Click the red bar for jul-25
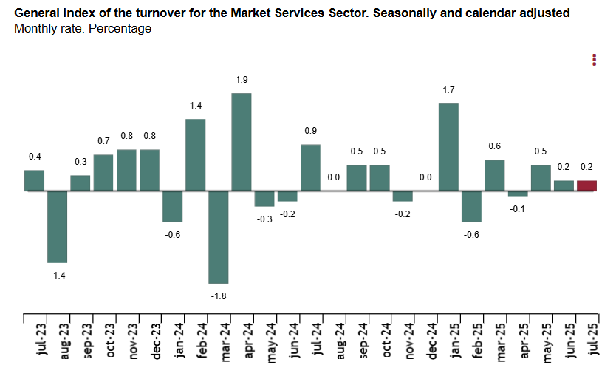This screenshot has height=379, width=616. pos(586,185)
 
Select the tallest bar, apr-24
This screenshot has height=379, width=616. pos(242,142)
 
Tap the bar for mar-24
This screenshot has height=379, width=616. pos(219,236)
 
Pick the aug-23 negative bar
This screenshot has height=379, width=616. pos(58,226)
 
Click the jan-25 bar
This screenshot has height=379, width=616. pos(448,147)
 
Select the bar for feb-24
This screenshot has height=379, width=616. pos(195,154)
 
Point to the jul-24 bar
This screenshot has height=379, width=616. pos(310,167)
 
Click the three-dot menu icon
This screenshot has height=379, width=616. pos(594,60)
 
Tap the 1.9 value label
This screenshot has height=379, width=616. pos(242,80)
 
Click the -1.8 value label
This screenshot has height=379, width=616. pos(219,296)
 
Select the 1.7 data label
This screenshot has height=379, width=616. pos(448,90)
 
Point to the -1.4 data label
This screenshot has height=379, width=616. pos(58,275)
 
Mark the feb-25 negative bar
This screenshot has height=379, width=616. pos(471,206)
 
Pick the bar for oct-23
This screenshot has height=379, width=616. pos(103,172)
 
